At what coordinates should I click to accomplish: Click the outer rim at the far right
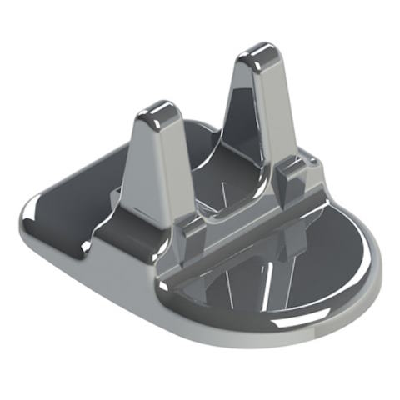click(376, 258)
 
